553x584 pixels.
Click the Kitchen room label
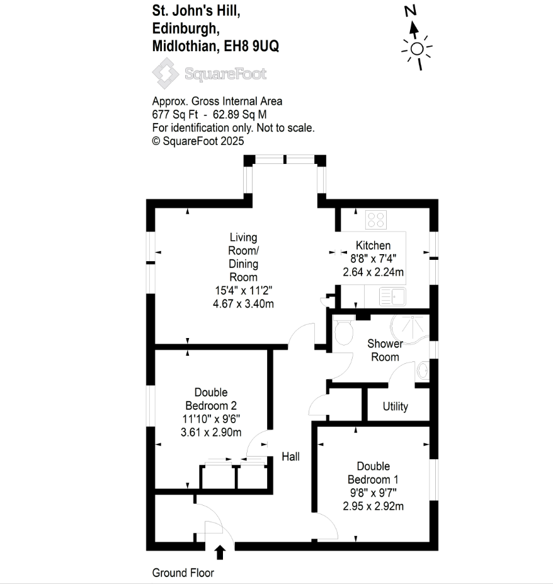pos(373,245)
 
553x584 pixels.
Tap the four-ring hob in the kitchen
pos(376,219)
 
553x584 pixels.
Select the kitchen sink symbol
pos(392,296)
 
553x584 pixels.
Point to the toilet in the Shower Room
pos(344,330)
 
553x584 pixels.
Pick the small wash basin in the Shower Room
pos(423,371)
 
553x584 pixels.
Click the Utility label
pos(396,406)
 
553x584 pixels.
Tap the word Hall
pos(290,457)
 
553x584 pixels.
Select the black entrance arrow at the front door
pos(220,552)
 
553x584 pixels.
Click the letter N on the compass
pos(411,11)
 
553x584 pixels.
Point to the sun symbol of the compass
pos(417,49)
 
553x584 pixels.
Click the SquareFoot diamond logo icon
pos(165,73)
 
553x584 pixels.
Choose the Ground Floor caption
pos(183,573)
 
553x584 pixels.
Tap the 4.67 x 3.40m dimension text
pos(243,304)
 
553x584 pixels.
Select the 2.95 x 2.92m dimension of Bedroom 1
pos(373,506)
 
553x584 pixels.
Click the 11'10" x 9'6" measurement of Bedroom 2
pos(211,419)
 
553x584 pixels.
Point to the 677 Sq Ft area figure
pos(175,114)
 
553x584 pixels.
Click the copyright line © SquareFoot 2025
pos(198,141)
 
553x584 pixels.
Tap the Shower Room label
pos(385,350)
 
